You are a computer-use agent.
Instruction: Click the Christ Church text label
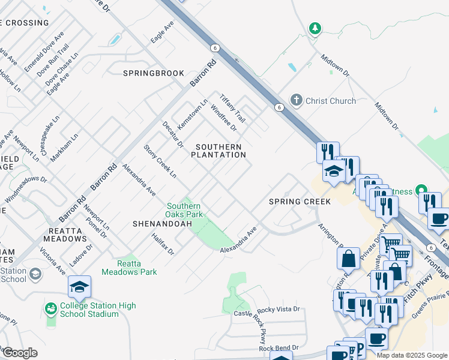pyautogui.click(x=331, y=101)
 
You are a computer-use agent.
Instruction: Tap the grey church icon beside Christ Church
pyautogui.click(x=296, y=100)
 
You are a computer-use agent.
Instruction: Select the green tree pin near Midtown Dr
pyautogui.click(x=315, y=28)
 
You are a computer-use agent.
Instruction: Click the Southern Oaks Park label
pyautogui.click(x=185, y=210)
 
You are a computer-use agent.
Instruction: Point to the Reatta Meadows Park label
pyautogui.click(x=129, y=268)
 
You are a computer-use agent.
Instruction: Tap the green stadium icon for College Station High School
pyautogui.click(x=50, y=309)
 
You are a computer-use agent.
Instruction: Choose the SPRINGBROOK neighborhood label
pyautogui.click(x=154, y=73)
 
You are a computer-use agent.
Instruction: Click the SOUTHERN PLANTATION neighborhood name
pyautogui.click(x=218, y=151)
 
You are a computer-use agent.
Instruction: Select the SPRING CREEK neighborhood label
pyautogui.click(x=300, y=202)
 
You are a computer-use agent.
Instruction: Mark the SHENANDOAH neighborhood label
pyautogui.click(x=162, y=224)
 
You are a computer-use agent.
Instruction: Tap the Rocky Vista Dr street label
pyautogui.click(x=278, y=310)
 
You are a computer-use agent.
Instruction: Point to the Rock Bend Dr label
pyautogui.click(x=279, y=349)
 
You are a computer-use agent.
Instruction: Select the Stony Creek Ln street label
pyautogui.click(x=160, y=161)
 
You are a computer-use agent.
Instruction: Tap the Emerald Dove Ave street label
pyautogui.click(x=44, y=53)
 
